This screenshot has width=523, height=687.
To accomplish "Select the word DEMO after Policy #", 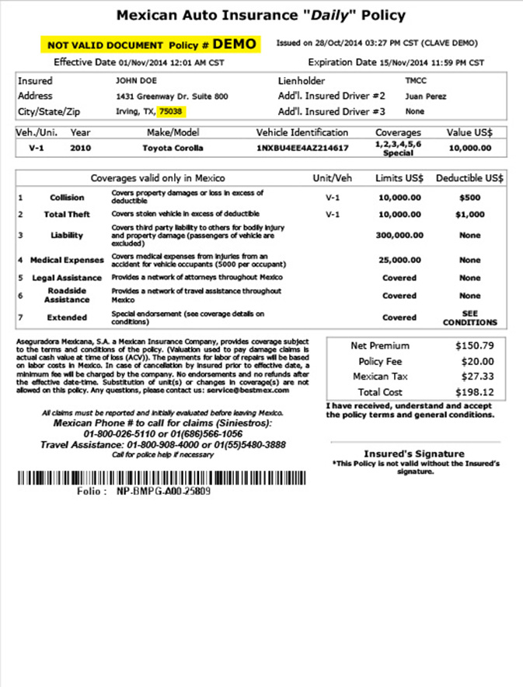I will pyautogui.click(x=235, y=44).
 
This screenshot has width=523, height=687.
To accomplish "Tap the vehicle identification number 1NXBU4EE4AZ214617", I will pyautogui.click(x=302, y=148).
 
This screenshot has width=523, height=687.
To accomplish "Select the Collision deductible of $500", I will pyautogui.click(x=470, y=198).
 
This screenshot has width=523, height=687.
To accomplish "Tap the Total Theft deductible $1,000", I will pyautogui.click(x=470, y=214).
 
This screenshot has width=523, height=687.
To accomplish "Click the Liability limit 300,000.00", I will pyautogui.click(x=399, y=235).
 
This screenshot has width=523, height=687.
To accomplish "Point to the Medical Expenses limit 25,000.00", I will pyautogui.click(x=399, y=261).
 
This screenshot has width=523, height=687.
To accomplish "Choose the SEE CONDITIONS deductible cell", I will pyautogui.click(x=470, y=317).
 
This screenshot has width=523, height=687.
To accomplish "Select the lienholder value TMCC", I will pyautogui.click(x=417, y=80).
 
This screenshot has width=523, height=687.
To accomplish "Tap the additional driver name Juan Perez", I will pyautogui.click(x=425, y=96).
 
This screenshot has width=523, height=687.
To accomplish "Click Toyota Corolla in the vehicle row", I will pyautogui.click(x=173, y=148).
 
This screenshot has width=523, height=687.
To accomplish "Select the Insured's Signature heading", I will pyautogui.click(x=414, y=454).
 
